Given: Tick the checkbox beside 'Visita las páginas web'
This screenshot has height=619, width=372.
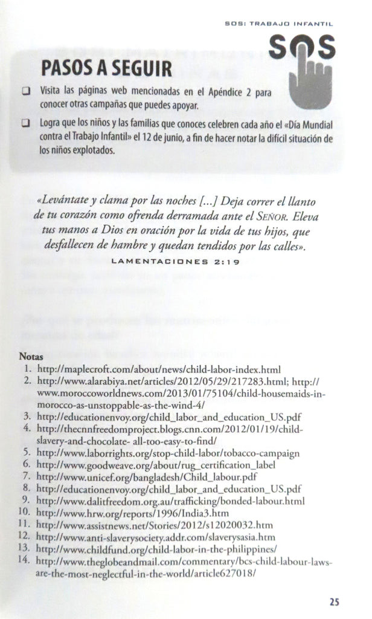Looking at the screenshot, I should (26, 92).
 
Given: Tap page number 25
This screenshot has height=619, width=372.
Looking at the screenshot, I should (334, 601).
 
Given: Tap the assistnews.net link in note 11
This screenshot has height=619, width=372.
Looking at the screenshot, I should (154, 525).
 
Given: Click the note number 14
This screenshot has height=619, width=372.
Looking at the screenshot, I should (24, 562).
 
